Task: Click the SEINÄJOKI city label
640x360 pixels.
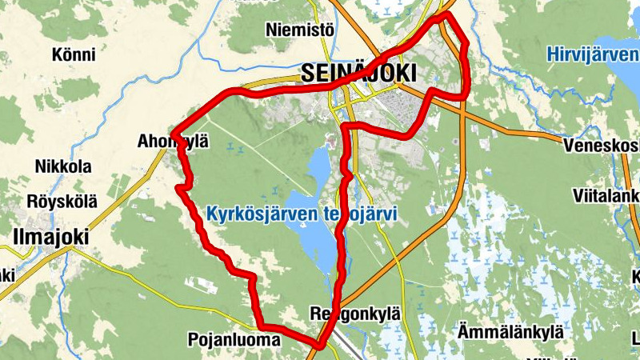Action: [x=359, y=73]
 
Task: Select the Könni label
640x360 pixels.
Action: [x=73, y=55]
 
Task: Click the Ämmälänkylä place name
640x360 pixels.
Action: [x=510, y=331]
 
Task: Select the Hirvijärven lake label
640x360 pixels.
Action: [x=593, y=55]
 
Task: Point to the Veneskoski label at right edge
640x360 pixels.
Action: [x=600, y=146]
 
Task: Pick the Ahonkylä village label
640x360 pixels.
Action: [x=172, y=142]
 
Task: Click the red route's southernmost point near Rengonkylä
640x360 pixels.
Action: [x=318, y=346]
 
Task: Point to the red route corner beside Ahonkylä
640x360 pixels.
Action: [x=174, y=134]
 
